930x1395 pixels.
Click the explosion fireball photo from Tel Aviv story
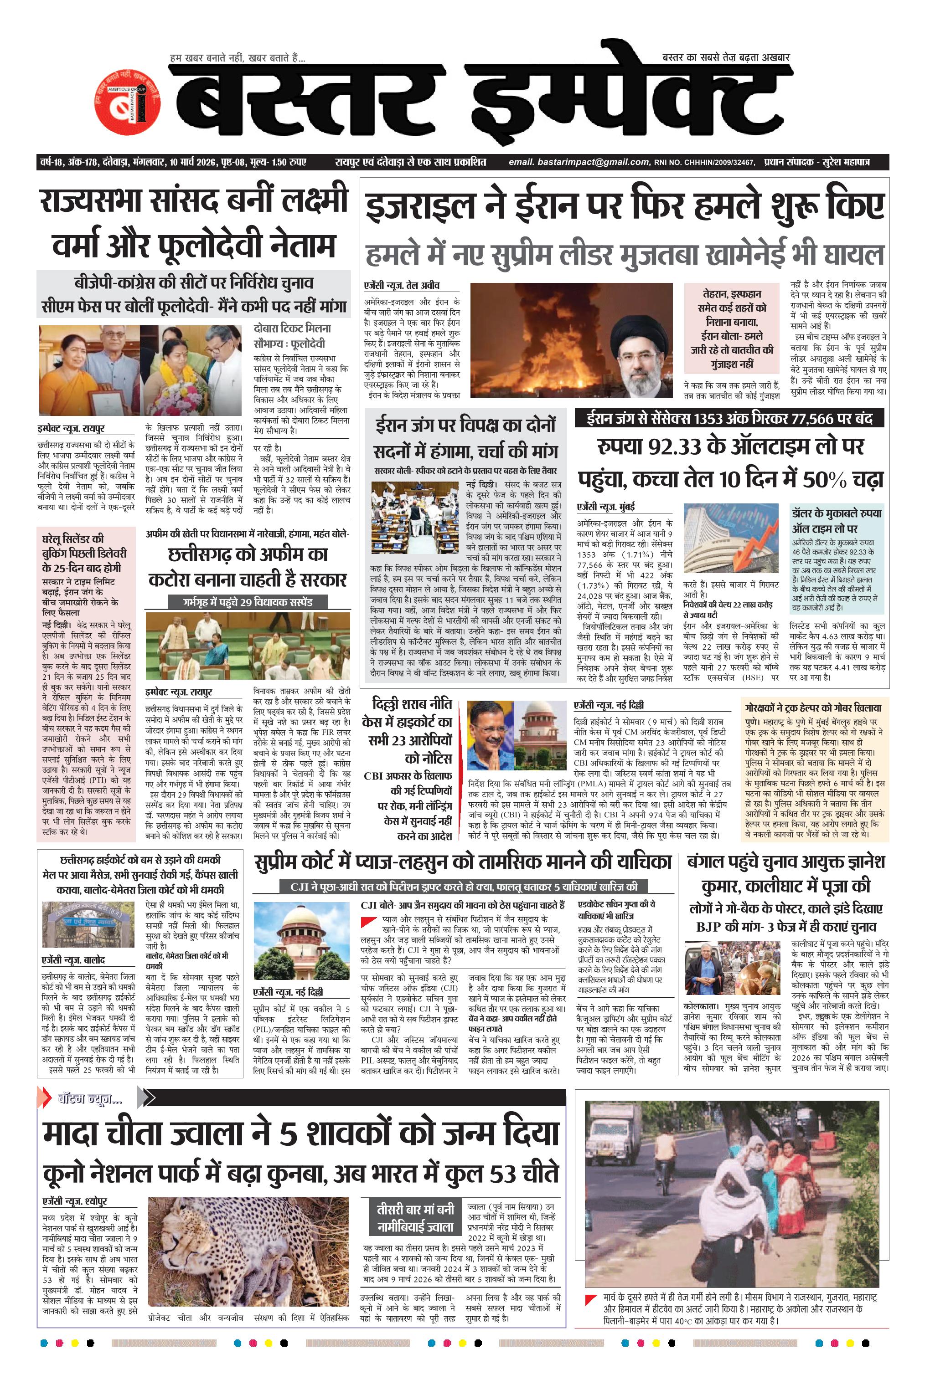(571, 339)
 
